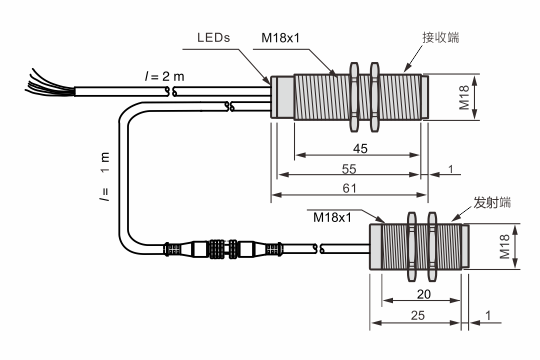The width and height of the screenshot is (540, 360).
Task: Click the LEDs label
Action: pyautogui.click(x=213, y=37)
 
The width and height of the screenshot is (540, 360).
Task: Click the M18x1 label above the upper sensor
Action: pyautogui.click(x=280, y=38)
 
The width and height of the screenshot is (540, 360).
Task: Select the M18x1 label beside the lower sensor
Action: pyautogui.click(x=332, y=217)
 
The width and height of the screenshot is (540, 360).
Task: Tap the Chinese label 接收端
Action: pyautogui.click(x=441, y=37)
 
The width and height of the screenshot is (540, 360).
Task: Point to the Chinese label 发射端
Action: pyautogui.click(x=492, y=202)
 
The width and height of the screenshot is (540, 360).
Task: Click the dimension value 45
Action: pyautogui.click(x=360, y=148)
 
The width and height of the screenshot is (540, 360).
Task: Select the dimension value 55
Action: pyautogui.click(x=349, y=169)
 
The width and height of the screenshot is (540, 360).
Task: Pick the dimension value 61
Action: pyautogui.click(x=350, y=188)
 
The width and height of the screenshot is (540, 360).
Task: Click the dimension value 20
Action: pyautogui.click(x=424, y=294)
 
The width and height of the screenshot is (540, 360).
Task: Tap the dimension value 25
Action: pyautogui.click(x=418, y=315)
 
